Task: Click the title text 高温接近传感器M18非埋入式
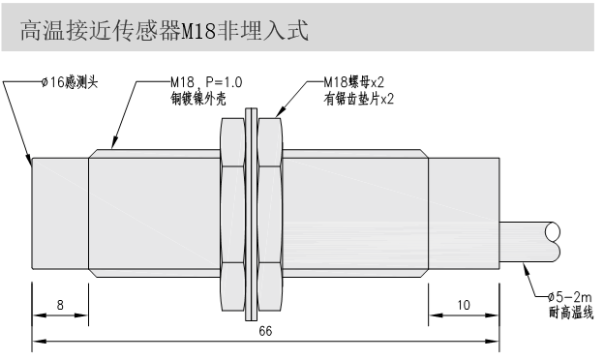[165, 32]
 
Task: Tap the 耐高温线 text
[571, 311]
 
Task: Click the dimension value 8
[60, 305]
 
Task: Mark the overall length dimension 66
[264, 331]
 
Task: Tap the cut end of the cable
[554, 242]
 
